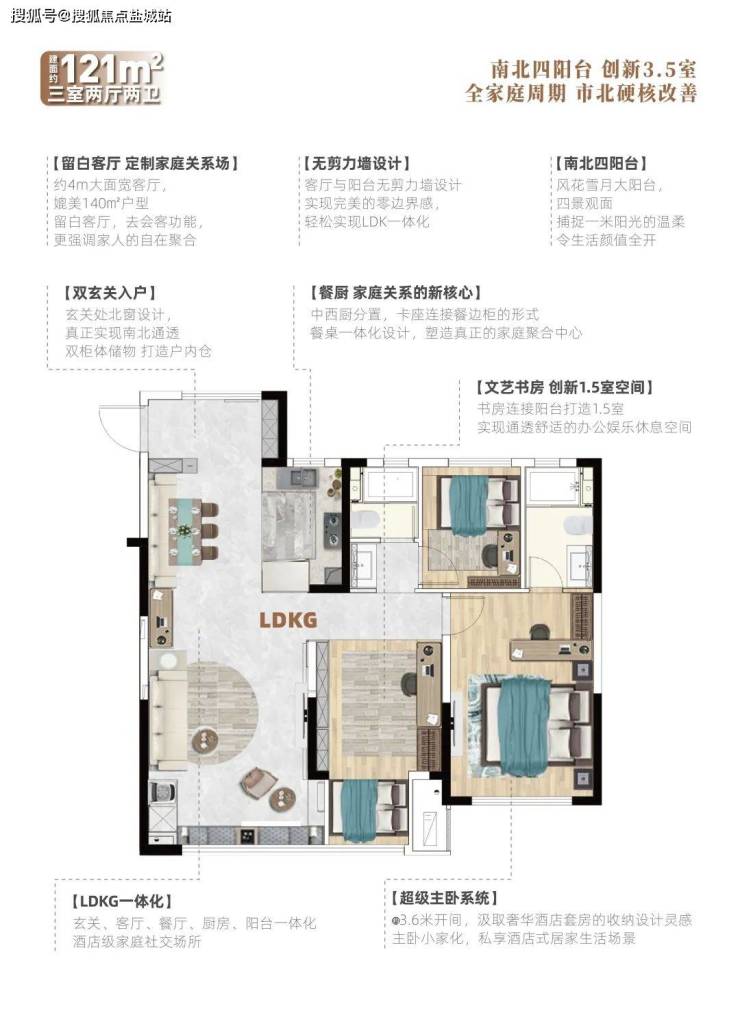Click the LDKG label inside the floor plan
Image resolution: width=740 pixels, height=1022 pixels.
288,619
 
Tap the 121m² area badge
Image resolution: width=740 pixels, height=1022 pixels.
102,78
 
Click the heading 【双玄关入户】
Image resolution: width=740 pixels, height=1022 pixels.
110,293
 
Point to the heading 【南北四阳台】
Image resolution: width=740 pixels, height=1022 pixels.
600,163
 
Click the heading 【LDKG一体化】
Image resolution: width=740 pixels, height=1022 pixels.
122,901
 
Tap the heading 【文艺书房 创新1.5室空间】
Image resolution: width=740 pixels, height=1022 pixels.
565,387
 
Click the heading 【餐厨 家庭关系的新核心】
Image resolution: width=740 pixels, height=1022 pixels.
396,293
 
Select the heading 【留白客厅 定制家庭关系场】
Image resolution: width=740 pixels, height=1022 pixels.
145,163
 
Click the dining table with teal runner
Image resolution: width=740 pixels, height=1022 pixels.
186,531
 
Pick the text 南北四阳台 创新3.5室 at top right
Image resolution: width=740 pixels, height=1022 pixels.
593,69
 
